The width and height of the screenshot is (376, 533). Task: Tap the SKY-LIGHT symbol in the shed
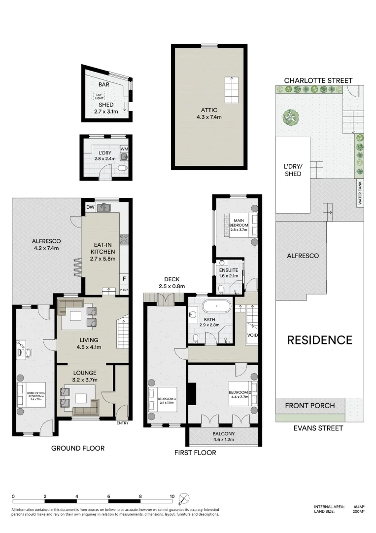100,96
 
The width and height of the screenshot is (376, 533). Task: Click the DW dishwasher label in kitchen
90,208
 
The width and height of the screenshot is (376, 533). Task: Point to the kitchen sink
104,208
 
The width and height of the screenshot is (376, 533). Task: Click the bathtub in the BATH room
216,306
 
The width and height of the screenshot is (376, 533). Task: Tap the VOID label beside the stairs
252,335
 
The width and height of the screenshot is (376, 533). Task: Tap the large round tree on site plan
291,117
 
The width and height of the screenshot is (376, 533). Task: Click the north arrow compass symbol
184,497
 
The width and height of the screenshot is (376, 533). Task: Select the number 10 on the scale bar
172,496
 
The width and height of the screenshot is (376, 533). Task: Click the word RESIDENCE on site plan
319,340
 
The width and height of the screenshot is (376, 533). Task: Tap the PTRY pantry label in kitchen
123,291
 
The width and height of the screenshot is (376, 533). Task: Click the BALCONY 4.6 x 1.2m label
223,437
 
